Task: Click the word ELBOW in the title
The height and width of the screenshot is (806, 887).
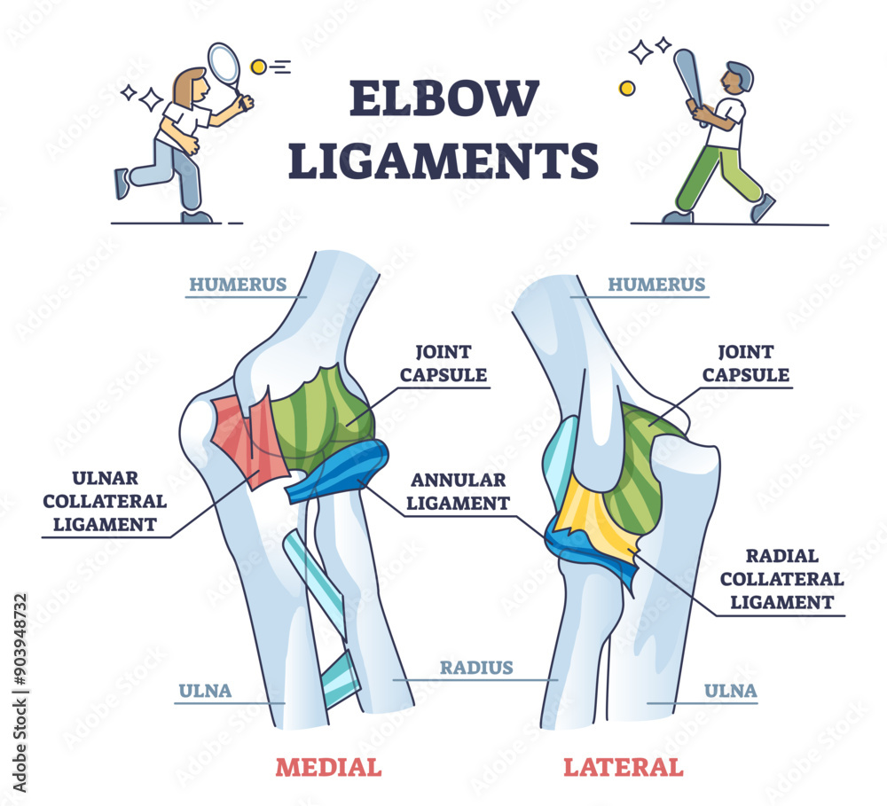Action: pyautogui.click(x=443, y=99)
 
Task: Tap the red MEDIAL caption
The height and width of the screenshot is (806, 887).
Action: pyautogui.click(x=328, y=767)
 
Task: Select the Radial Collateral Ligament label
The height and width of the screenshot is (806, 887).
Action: pyautogui.click(x=781, y=579)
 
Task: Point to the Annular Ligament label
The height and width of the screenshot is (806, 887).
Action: pyautogui.click(x=458, y=492)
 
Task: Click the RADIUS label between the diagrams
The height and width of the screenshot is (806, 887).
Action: pyautogui.click(x=476, y=668)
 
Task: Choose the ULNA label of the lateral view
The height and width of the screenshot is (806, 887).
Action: pyautogui.click(x=730, y=691)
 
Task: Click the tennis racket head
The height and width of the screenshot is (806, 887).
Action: pyautogui.click(x=223, y=63)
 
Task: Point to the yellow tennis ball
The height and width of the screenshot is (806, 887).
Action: pyautogui.click(x=259, y=67)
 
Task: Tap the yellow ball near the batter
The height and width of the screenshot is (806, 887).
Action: pyautogui.click(x=627, y=88)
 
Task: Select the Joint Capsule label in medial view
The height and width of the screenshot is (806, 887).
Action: pyautogui.click(x=443, y=364)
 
